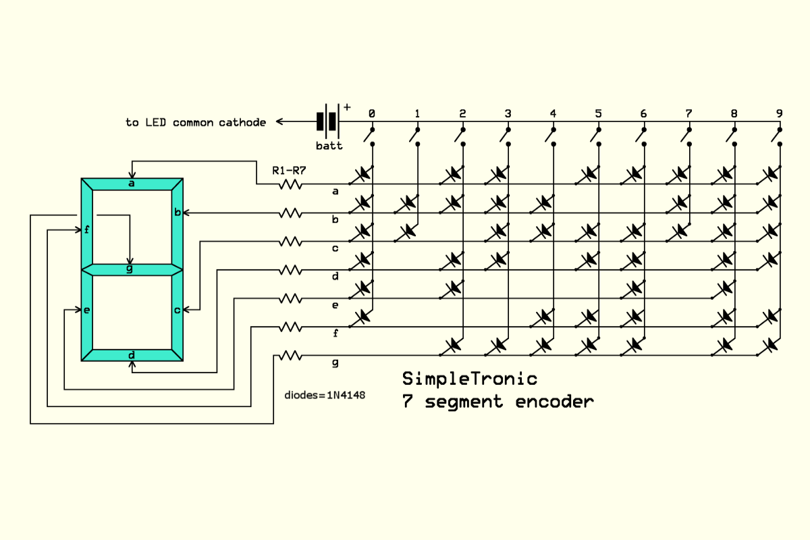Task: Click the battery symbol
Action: [x=327, y=122]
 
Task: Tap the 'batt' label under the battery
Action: [x=329, y=146]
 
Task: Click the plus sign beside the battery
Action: [x=347, y=107]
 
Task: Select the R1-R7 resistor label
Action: [x=289, y=170]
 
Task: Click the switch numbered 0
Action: [x=370, y=136]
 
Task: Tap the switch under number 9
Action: [x=778, y=136]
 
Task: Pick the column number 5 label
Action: [x=598, y=113]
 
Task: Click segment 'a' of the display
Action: [x=132, y=184]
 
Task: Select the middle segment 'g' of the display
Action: [x=132, y=269]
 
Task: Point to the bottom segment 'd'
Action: [x=132, y=355]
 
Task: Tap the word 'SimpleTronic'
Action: [x=470, y=378]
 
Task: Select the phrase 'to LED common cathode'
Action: [x=195, y=122]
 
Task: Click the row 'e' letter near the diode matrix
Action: [x=335, y=305]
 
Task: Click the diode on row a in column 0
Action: [x=362, y=174]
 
